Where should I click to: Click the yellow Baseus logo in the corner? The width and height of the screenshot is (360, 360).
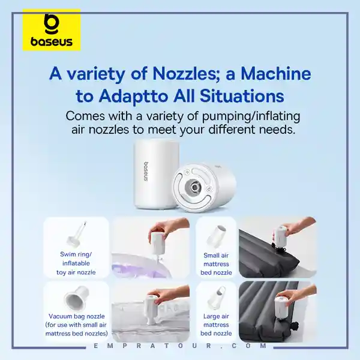52,30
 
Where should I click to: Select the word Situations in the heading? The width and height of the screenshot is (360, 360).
242,96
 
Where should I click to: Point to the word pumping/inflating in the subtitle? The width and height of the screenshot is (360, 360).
251,116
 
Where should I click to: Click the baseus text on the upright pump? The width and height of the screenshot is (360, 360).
146,171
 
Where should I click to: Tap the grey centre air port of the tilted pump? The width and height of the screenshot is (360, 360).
194,187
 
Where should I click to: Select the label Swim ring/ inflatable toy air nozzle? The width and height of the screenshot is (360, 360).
76,263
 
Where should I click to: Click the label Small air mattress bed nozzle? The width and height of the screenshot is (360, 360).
216,264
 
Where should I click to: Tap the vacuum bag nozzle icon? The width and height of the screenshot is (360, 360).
77,298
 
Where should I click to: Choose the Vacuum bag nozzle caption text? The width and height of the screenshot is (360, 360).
76,325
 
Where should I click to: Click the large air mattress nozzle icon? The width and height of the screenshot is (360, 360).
216,298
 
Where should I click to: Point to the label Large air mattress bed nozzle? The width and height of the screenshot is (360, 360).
216,325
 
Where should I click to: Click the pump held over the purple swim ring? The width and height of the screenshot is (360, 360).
156,244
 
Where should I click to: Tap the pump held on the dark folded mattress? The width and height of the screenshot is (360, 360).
280,236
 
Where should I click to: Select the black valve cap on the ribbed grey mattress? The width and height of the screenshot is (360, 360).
295,326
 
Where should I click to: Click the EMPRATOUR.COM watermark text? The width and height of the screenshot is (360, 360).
180,346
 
